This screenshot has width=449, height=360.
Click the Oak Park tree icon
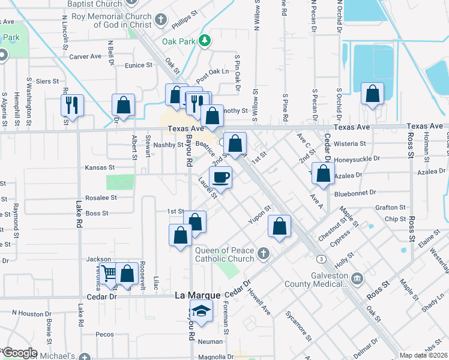pyautogui.click(x=205, y=40)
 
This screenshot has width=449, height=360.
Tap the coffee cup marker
pyautogui.click(x=220, y=178)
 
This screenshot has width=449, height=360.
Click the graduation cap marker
pyautogui.click(x=200, y=311)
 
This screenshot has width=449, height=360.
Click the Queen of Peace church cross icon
pyautogui.click(x=262, y=254)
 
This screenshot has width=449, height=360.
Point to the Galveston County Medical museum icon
pyautogui.click(x=357, y=278)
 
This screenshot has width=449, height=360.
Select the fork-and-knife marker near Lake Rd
pyautogui.click(x=73, y=106)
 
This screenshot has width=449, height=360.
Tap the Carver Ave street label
pyautogui.click(x=85, y=56)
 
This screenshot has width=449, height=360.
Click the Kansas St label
pyautogui.click(x=100, y=168)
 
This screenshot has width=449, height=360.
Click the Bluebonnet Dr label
pyautogui.click(x=355, y=193)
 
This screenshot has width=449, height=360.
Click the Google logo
pyautogui.click(x=20, y=353)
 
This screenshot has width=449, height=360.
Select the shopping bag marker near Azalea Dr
pyautogui.click(x=324, y=173)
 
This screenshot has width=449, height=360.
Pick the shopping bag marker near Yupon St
pyautogui.click(x=279, y=226)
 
